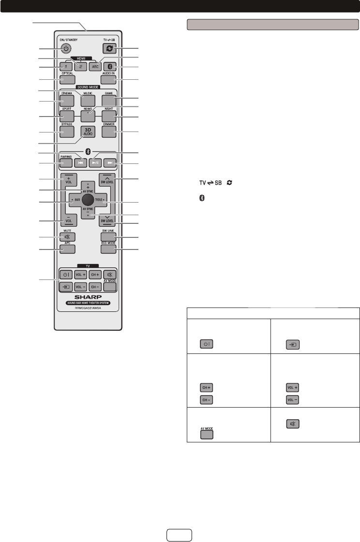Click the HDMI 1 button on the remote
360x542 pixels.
pyautogui.click(x=66, y=67)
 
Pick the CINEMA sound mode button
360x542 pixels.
pyautogui.click(x=67, y=101)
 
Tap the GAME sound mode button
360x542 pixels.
pyautogui.click(x=108, y=101)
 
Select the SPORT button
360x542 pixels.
pyautogui.click(x=67, y=117)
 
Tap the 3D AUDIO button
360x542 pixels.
pyautogui.click(x=88, y=132)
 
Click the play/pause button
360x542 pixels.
pyautogui.click(x=88, y=163)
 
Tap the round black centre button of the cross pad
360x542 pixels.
pyautogui.click(x=87, y=199)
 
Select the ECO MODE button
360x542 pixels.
pyautogui.click(x=108, y=249)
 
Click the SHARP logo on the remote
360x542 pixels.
pyautogui.click(x=88, y=296)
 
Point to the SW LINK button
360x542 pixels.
pyautogui.click(x=108, y=237)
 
